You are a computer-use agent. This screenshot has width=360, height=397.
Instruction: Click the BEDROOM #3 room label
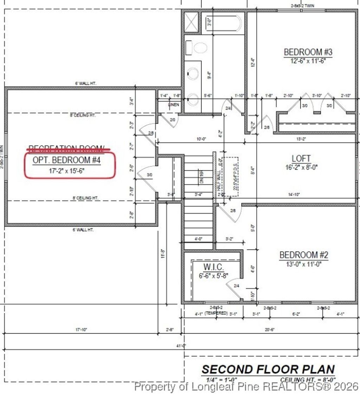tap(308, 52)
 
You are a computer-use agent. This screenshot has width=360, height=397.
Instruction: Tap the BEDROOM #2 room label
tap(304, 255)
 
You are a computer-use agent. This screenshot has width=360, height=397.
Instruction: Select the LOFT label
tap(301, 159)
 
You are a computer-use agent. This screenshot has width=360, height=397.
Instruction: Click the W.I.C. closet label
tap(213, 267)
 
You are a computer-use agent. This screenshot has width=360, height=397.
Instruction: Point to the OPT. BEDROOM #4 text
tap(67, 160)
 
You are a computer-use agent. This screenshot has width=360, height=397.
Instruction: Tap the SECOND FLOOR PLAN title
tap(268, 369)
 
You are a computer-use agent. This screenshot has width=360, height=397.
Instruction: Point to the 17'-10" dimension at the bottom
tap(81, 329)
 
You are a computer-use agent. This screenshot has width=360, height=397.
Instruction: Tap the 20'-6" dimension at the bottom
tap(270, 329)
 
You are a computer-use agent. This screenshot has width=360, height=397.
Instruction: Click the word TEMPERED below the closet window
tap(216, 313)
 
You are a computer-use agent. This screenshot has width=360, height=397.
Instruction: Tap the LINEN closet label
tap(174, 105)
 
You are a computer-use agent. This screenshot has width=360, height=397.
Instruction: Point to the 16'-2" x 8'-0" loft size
tap(301, 168)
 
